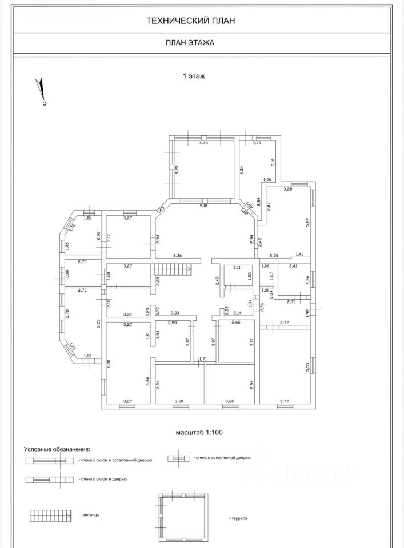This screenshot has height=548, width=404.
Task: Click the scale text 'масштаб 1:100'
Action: point(199,432)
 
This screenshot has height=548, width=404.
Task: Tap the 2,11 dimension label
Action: point(237,267)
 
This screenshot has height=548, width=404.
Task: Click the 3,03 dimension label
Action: point(175,313)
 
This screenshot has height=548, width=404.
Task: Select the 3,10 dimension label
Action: point(273,161)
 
